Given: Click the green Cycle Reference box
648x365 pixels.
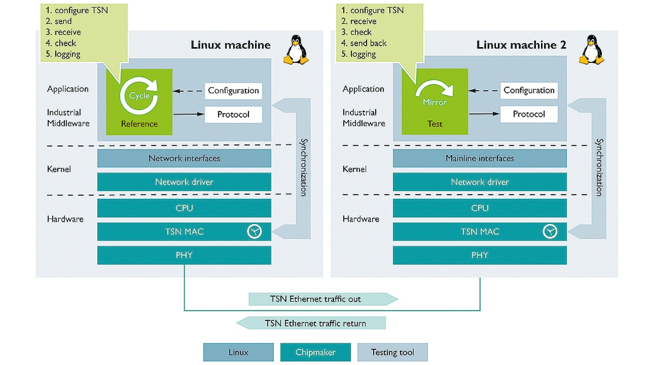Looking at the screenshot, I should (x=139, y=102).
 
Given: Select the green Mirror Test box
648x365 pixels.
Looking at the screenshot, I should (x=435, y=102).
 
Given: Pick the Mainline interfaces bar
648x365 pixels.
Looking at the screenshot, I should (x=479, y=158).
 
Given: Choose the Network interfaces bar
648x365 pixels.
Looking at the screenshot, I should (x=184, y=158).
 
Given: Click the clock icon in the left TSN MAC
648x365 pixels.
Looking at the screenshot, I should (x=255, y=231).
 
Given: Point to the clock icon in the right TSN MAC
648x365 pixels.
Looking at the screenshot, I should (x=550, y=231).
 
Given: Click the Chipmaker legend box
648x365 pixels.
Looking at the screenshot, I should (x=315, y=352).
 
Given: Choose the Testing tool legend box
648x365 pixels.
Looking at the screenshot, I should (x=392, y=352).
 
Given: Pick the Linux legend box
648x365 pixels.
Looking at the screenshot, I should (x=238, y=352).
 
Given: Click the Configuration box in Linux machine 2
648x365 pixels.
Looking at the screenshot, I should (x=529, y=91).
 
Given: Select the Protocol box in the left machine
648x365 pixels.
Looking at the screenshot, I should (x=233, y=114).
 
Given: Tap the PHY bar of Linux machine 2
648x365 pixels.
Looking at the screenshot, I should (x=479, y=255).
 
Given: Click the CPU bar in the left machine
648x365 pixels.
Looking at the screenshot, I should (x=184, y=208).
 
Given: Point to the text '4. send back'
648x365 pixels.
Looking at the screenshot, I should (x=364, y=44).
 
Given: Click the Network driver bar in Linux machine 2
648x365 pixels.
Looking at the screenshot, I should (x=479, y=182).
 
